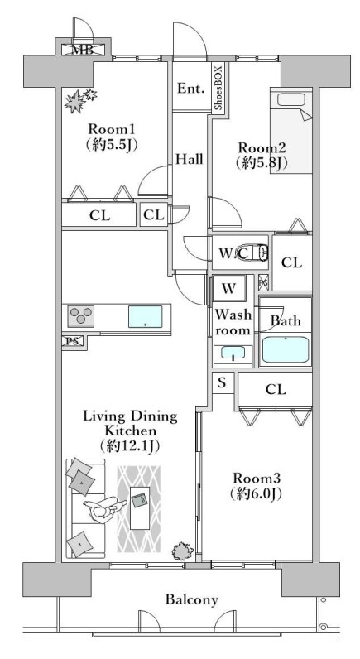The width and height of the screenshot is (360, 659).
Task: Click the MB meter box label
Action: point(82,50)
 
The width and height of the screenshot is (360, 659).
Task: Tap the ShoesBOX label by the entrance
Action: point(218,87)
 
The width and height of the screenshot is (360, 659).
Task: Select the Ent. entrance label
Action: point(190,89)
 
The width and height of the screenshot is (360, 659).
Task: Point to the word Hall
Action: point(189,159)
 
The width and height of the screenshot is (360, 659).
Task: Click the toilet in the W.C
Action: point(260,253)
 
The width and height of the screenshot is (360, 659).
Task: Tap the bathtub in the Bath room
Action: point(286,349)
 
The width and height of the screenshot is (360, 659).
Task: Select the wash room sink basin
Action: point(233,354)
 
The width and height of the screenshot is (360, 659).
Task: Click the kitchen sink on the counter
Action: point(146,316)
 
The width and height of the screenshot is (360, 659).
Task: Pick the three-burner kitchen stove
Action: point(80,315)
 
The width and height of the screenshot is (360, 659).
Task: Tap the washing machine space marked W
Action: point(228,288)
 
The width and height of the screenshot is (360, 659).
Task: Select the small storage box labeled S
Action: point(223,382)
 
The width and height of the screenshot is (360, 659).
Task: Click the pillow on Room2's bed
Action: point(291,99)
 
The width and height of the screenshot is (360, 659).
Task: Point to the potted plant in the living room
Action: point(183,550)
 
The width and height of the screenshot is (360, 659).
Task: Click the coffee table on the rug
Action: point(140,507)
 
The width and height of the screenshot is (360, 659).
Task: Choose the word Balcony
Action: point(191,599)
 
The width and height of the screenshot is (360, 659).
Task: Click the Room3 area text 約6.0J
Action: point(256,493)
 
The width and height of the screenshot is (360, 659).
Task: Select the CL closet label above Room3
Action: point(276,389)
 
